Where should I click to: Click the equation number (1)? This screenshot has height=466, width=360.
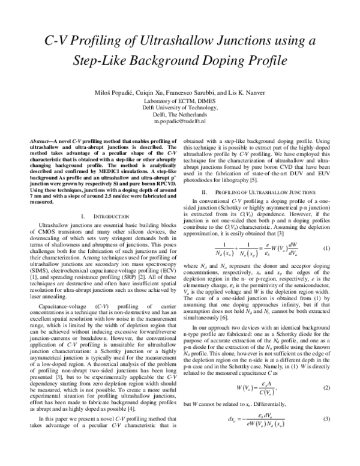[328, 248]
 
